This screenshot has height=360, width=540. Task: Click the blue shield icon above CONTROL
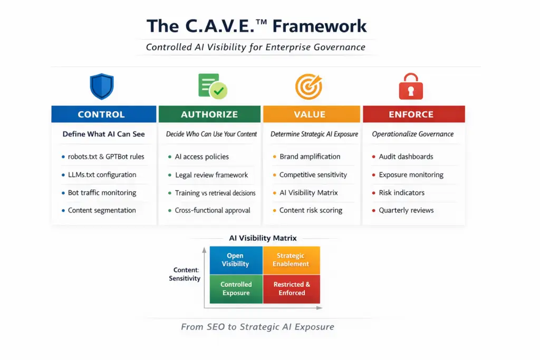pyautogui.click(x=102, y=86)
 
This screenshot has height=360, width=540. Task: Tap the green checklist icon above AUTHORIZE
pyautogui.click(x=211, y=86)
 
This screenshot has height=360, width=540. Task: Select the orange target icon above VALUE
pyautogui.click(x=309, y=86)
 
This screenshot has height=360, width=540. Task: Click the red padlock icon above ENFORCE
pyautogui.click(x=411, y=86)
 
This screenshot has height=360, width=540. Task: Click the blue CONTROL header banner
pyautogui.click(x=103, y=114)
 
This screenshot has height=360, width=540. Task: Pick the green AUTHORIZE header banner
pyautogui.click(x=209, y=114)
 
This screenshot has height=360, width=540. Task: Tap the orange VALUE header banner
pyautogui.click(x=311, y=114)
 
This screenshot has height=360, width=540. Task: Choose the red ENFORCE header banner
pyautogui.click(x=413, y=114)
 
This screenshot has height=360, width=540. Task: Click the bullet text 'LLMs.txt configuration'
pyautogui.click(x=102, y=174)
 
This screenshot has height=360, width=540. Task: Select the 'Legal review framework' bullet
pyautogui.click(x=211, y=175)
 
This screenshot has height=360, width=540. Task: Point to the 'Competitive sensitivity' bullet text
pyautogui.click(x=313, y=175)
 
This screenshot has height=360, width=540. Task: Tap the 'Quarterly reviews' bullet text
pyautogui.click(x=406, y=210)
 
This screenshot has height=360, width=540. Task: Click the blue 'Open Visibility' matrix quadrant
pyautogui.click(x=236, y=260)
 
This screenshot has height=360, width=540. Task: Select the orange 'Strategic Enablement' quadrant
pyautogui.click(x=291, y=260)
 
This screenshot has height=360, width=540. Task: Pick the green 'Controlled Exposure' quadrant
pyautogui.click(x=236, y=289)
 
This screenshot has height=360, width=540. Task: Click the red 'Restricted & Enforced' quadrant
pyautogui.click(x=291, y=289)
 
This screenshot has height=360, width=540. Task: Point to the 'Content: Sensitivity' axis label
pyautogui.click(x=185, y=274)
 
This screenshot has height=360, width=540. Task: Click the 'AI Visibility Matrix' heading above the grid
pyautogui.click(x=263, y=238)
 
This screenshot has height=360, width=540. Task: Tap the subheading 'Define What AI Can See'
pyautogui.click(x=103, y=134)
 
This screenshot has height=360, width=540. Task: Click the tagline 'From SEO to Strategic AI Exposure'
pyautogui.click(x=257, y=327)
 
